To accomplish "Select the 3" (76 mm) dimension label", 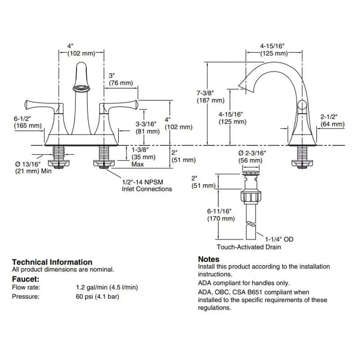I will point(121,79).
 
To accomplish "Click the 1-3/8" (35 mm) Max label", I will point(144,157).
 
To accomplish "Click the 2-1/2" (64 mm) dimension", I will point(332,120).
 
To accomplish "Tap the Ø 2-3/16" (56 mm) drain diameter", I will point(252,157).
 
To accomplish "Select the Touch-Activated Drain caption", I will point(248,247).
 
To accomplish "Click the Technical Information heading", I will point(52,262).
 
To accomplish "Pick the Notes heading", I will point(209,259).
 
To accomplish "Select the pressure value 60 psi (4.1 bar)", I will point(98,297).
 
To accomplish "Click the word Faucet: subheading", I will point(25,279).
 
